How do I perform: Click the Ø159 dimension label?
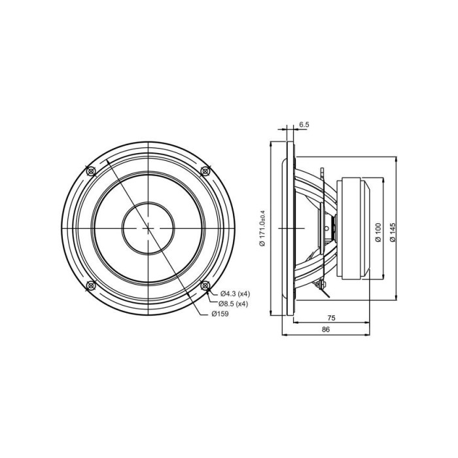(x=220, y=314)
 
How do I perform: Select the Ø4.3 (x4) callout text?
(x=235, y=294)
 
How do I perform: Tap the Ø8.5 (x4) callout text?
(x=233, y=304)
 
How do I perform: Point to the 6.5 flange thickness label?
(x=304, y=125)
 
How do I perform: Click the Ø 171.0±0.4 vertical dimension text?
(x=262, y=228)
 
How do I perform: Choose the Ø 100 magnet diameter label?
(x=378, y=232)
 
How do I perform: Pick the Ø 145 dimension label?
(x=393, y=232)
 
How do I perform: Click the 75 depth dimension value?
(x=331, y=318)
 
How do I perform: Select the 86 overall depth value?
(x=326, y=330)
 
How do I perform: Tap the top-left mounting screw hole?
(x=92, y=171)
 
